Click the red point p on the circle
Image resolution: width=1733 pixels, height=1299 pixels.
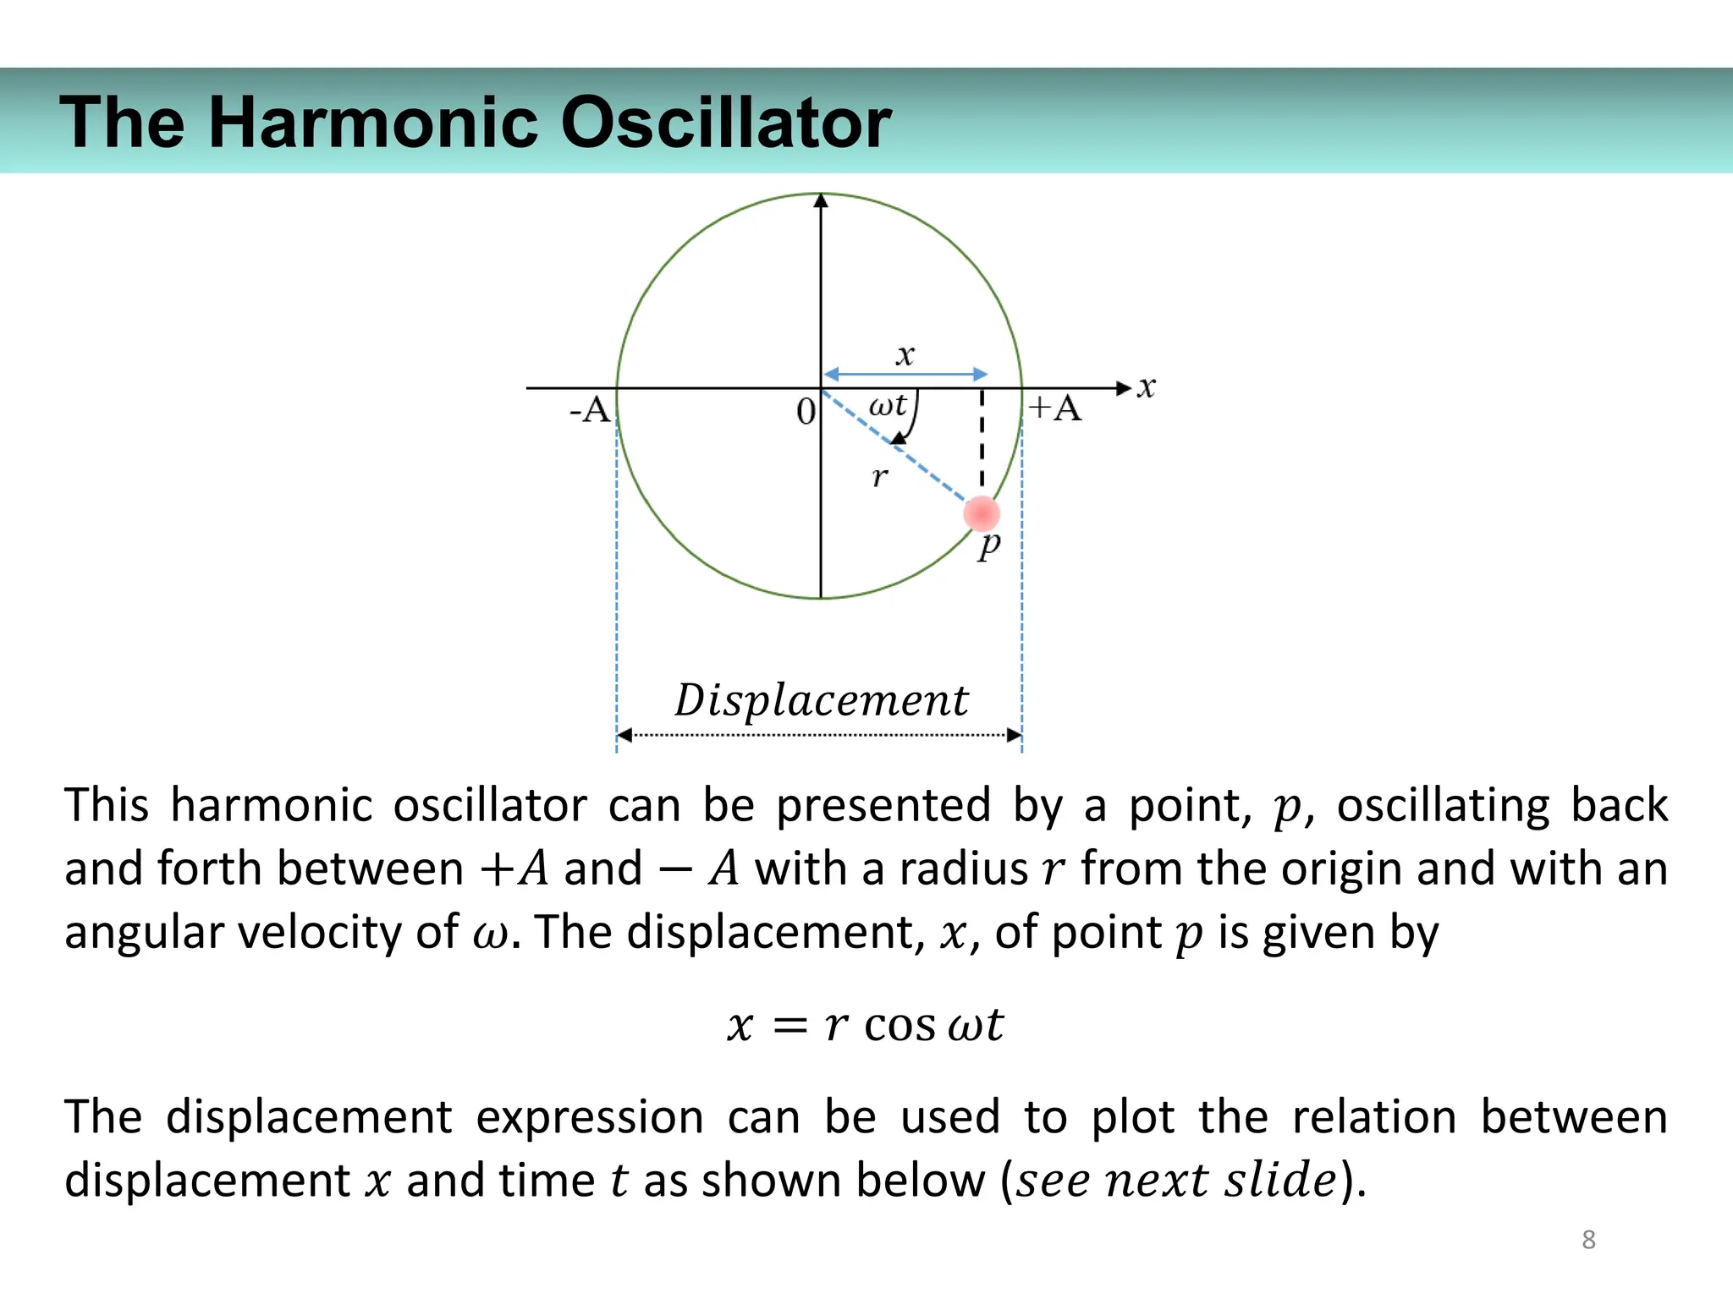[982, 513]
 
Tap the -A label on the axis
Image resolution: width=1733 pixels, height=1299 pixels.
[590, 410]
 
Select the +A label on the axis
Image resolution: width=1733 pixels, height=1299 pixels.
[1055, 408]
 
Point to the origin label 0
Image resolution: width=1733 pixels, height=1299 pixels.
[806, 412]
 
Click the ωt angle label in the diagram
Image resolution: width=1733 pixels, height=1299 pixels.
[888, 405]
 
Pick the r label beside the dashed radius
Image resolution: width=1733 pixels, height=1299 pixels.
[880, 478]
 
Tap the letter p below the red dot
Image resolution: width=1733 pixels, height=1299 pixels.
[988, 545]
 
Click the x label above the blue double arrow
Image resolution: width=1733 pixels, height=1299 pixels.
[905, 354]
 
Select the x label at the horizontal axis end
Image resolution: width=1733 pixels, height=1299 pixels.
[1146, 387]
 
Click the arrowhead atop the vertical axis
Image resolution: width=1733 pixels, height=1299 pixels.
[821, 201]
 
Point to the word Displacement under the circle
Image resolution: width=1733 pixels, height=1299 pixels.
[821, 700]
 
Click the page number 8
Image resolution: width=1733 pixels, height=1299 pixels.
[1588, 1240]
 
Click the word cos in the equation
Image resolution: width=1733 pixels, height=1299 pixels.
[900, 1025]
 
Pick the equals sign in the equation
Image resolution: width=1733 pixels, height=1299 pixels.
[790, 1027]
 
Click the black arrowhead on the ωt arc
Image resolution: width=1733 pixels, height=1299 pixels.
[899, 437]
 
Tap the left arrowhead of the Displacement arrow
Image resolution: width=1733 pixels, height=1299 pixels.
[624, 735]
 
